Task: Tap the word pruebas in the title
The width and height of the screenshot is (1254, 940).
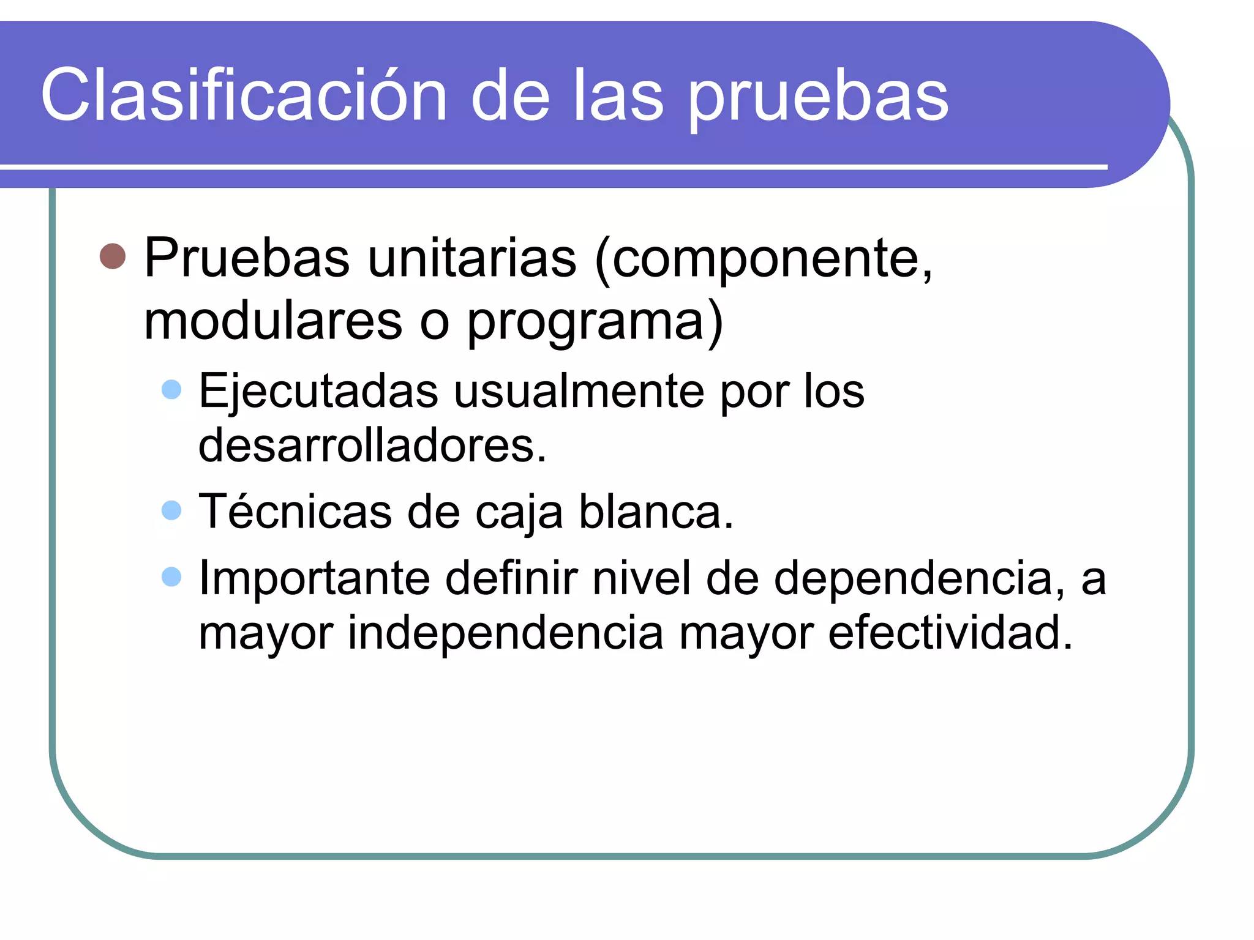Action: (x=819, y=98)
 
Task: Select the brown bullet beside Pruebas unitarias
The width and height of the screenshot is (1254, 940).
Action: (x=113, y=256)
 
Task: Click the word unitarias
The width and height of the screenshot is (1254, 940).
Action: (x=472, y=258)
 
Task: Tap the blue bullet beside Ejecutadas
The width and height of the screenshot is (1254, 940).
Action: (x=172, y=390)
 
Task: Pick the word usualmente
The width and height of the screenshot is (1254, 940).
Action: (x=579, y=392)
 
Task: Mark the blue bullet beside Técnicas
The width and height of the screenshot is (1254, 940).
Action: (x=172, y=510)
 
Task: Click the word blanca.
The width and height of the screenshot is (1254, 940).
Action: (x=656, y=512)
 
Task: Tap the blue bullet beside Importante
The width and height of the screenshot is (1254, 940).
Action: (x=172, y=576)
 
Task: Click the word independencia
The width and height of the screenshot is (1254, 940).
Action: (x=506, y=633)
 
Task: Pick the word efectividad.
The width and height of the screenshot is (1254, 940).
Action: (x=950, y=633)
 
